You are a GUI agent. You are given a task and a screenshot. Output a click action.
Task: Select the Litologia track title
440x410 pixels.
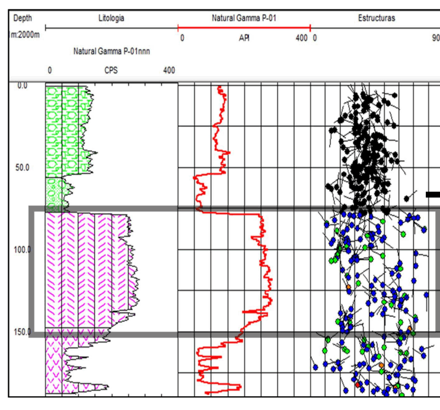coord(111,18)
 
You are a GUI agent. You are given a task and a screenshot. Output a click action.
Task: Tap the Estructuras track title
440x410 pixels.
coord(377,18)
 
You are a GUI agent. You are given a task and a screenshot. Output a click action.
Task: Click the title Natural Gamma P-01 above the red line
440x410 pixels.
coord(244,18)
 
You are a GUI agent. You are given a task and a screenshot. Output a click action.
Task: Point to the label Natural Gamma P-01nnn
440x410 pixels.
coord(111,52)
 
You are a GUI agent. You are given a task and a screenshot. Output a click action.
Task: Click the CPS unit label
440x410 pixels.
coord(111,71)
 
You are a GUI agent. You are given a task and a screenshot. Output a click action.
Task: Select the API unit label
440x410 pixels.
coord(244,38)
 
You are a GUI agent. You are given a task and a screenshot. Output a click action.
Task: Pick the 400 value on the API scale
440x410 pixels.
coord(301,38)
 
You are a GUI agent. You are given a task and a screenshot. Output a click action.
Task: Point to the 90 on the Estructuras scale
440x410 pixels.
coord(435,38)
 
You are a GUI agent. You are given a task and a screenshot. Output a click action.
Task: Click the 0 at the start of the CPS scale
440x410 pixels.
coord(50,71)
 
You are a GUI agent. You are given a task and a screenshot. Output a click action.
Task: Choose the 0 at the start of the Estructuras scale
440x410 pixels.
coord(315,38)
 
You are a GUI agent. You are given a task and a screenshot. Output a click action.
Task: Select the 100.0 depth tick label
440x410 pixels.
coord(23,249)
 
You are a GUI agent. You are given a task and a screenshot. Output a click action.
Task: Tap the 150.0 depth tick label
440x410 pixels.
coord(23,332)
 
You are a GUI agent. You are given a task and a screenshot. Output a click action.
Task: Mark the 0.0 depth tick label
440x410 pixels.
coord(22,85)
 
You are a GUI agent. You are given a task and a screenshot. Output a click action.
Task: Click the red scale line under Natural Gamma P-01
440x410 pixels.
coord(244,27)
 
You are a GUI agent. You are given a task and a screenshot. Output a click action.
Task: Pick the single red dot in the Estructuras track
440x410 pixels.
coord(358,384)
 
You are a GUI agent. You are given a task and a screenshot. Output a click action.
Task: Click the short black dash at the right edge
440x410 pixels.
coord(433,194)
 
